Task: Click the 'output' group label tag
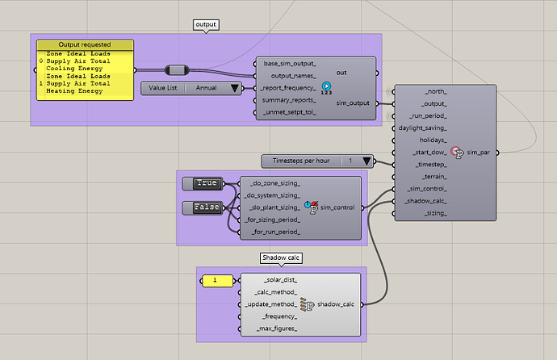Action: pyautogui.click(x=207, y=25)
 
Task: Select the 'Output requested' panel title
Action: pyautogui.click(x=85, y=44)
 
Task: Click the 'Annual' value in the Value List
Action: pyautogui.click(x=207, y=88)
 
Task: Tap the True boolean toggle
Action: pyautogui.click(x=207, y=183)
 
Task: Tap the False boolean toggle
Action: pyautogui.click(x=207, y=207)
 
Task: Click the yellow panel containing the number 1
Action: pyautogui.click(x=215, y=280)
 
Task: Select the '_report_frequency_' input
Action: pyautogui.click(x=287, y=87)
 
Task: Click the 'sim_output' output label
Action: pyautogui.click(x=352, y=103)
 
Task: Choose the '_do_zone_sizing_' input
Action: pyautogui.click(x=274, y=183)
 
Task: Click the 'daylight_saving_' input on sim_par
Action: pyautogui.click(x=423, y=128)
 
